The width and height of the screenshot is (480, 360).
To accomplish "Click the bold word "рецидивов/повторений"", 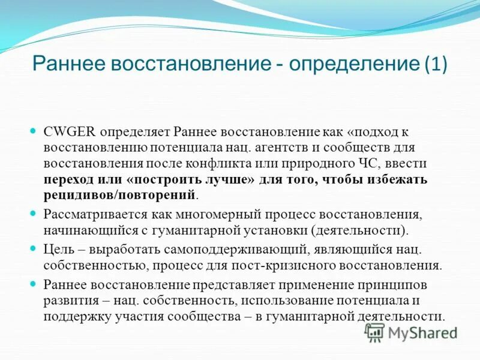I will coord(119,195).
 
